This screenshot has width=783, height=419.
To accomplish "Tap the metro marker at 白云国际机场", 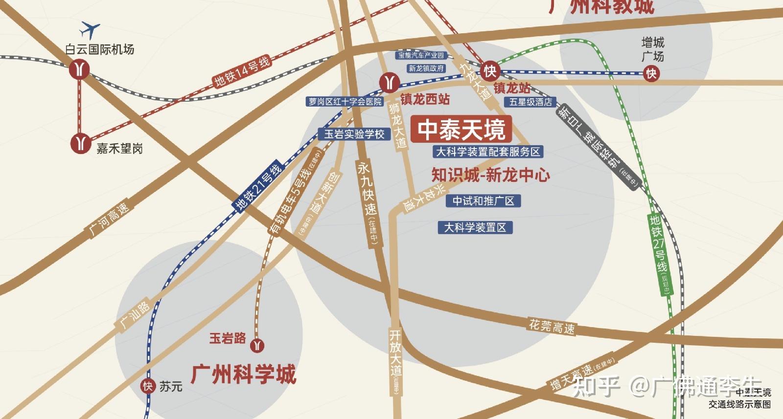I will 80,69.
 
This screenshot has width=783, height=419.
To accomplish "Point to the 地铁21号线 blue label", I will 258,186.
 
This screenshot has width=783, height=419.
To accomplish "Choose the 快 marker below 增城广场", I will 651,74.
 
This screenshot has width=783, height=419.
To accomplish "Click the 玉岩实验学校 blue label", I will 354,134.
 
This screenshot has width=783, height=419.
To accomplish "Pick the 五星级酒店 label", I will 530,102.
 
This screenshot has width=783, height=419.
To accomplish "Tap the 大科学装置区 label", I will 475,227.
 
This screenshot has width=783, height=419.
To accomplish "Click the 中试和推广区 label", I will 483,201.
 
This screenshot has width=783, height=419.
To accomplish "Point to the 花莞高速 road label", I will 552,326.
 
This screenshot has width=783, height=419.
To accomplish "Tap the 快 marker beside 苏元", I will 148,386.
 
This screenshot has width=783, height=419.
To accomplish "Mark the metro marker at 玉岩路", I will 257,346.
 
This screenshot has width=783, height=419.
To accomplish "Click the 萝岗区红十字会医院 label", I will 345,102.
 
